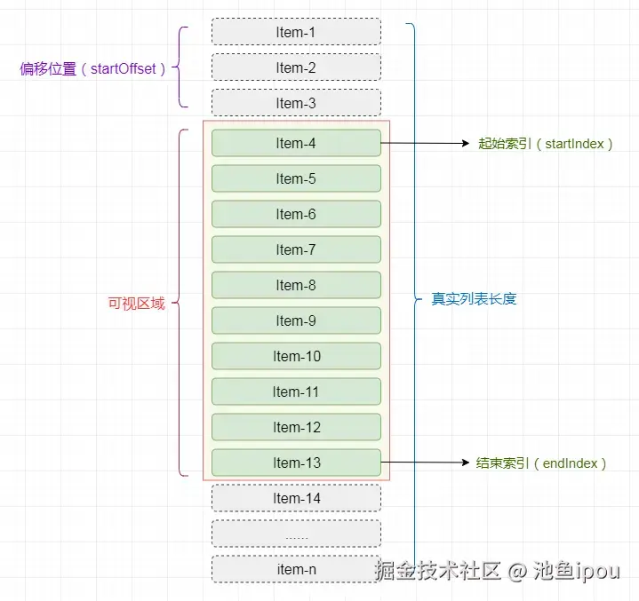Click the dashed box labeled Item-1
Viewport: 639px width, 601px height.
coord(296,32)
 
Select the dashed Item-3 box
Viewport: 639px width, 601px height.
coord(296,103)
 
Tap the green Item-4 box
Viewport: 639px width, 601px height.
coord(296,143)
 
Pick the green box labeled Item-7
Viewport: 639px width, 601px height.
coord(296,249)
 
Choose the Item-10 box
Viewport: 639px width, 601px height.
coord(296,356)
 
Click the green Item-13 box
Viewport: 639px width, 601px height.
coord(296,463)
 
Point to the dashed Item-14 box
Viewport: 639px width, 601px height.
coord(296,498)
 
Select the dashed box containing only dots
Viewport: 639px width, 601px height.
coord(296,534)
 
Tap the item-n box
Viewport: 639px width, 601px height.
coord(296,569)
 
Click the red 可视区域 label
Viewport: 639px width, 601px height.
coord(137,304)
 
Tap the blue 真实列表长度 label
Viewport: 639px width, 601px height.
coord(474,299)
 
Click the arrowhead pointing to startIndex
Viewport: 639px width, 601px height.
coord(466,143)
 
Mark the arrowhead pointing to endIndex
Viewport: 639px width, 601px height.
coord(466,463)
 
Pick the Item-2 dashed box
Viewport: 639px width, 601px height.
coord(296,67)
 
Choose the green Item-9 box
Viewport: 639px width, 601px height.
coord(296,320)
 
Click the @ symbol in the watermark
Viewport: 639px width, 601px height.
coord(517,571)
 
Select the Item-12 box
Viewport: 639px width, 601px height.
coord(296,427)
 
